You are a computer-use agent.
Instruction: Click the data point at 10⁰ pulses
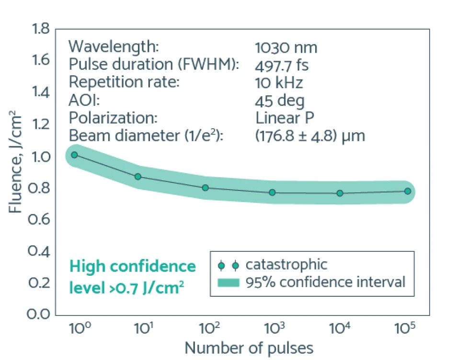tap(74, 155)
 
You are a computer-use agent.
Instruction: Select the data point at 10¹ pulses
tap(138, 177)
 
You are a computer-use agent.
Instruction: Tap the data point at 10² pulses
tap(205, 188)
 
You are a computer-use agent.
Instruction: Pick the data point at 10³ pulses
tap(272, 192)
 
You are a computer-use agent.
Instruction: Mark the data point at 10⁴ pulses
tap(340, 193)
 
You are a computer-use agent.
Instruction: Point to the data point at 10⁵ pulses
tap(408, 191)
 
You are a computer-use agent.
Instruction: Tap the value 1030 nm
tap(286, 47)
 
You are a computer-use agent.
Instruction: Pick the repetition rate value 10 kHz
tap(279, 82)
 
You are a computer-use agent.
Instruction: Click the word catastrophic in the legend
tap(286, 265)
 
